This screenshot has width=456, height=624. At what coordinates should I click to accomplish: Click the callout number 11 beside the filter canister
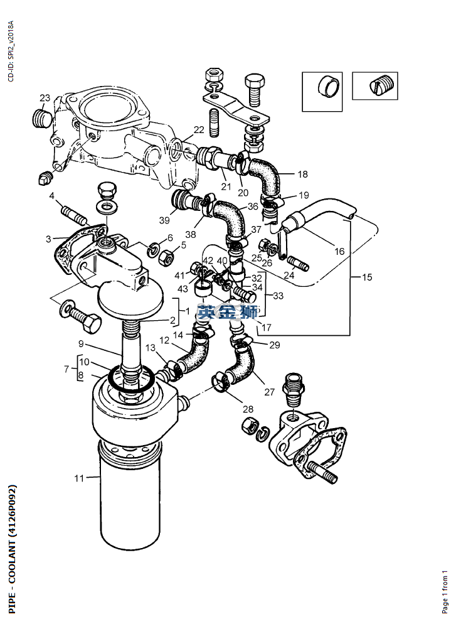pos(79,478)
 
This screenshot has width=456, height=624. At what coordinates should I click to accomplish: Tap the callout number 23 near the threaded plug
pos(45,98)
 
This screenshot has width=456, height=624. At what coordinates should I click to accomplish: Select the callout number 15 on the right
pos(367,277)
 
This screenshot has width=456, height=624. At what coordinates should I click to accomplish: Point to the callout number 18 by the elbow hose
pos(302,175)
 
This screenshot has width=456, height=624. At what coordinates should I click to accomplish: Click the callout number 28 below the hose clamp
pos(248,409)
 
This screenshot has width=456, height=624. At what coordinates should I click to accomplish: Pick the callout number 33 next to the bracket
pos(278,296)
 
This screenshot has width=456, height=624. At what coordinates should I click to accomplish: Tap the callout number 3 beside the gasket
pos(48,239)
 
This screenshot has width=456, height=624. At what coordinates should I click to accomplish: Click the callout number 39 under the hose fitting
pos(164,220)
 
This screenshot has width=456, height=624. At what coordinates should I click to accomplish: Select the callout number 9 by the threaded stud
pos(81,343)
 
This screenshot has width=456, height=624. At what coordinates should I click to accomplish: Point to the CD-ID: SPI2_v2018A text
pos(11,51)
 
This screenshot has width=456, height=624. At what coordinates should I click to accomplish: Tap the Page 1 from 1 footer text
pos(445,591)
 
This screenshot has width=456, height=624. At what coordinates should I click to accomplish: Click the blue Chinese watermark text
pos(228,312)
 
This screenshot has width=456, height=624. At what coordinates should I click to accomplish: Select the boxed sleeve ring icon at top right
pos(322,92)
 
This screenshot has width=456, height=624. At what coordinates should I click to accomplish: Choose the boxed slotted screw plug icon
pos(375,85)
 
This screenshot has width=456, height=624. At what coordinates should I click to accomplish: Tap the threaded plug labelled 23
pos(41,118)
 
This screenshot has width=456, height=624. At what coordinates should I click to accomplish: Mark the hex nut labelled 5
pos(166,259)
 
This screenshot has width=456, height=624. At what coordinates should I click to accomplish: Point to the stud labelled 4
pos(74,213)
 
